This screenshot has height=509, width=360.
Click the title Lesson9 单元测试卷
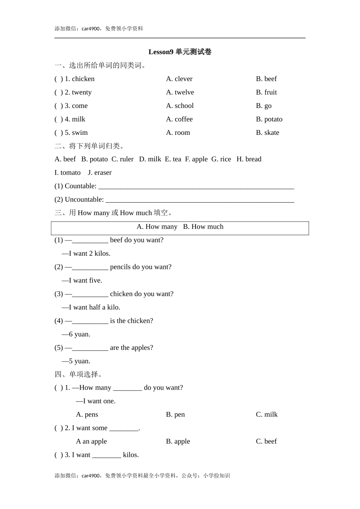180,52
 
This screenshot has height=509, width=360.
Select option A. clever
179,79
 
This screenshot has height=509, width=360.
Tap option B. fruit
266,92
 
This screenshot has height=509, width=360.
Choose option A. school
180,106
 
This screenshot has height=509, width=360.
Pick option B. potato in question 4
269,119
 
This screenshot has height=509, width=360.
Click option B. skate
268,133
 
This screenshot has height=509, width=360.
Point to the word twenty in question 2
81,92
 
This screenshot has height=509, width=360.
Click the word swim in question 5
80,133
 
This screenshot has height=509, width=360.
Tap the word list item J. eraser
100,173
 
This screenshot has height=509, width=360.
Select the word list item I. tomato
67,173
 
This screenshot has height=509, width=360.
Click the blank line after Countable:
196,186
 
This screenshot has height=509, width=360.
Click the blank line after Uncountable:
200,200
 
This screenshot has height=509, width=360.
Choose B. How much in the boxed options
203,227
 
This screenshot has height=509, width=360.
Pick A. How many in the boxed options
157,227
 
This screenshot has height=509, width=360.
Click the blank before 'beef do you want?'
90,240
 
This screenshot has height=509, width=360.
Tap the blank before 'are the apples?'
90,348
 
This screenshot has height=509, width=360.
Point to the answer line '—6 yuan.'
76,334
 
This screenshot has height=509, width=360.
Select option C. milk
267,415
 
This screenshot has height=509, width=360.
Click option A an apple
91,442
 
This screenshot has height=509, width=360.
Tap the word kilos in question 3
131,455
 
